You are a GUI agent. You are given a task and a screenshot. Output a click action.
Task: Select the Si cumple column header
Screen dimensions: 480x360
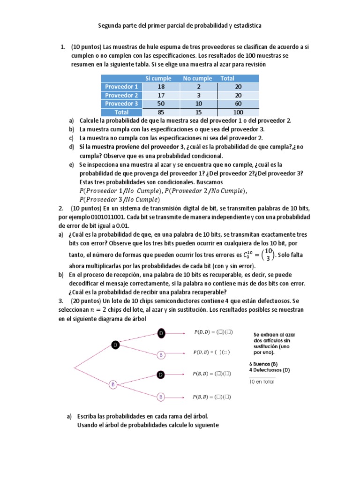click(x=158, y=78)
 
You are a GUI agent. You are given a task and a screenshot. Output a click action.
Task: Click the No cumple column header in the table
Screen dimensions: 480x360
click(x=197, y=78)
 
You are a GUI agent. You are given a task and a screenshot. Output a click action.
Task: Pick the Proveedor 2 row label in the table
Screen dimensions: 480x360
click(x=121, y=95)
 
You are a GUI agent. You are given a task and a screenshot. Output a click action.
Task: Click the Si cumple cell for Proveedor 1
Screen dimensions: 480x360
click(x=161, y=87)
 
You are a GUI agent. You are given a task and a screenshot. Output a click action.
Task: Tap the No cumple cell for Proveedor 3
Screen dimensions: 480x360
click(x=198, y=104)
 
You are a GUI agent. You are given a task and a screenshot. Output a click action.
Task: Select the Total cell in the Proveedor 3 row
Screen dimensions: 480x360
click(x=238, y=104)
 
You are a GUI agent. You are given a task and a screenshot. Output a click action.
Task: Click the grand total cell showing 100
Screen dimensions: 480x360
click(x=238, y=112)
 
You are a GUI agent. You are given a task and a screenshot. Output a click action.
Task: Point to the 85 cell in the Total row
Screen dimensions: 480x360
click(x=161, y=112)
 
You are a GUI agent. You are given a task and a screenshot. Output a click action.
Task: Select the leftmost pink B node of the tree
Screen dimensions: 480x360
click(x=113, y=384)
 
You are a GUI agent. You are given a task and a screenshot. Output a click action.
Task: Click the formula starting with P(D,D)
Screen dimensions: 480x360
click(x=213, y=332)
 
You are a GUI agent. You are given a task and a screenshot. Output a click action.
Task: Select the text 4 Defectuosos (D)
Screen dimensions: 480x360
click(x=270, y=370)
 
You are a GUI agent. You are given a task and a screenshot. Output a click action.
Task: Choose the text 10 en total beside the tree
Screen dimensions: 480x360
click(x=262, y=382)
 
